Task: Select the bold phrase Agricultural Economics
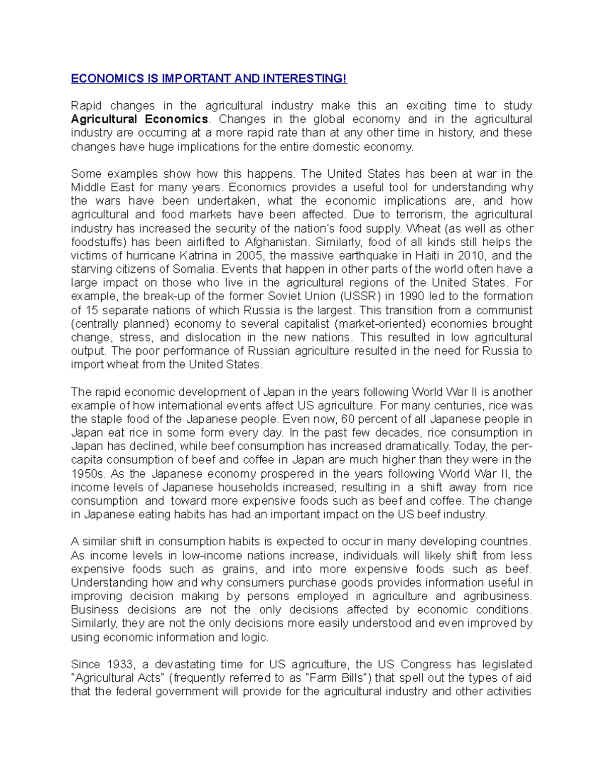tap(139, 119)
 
